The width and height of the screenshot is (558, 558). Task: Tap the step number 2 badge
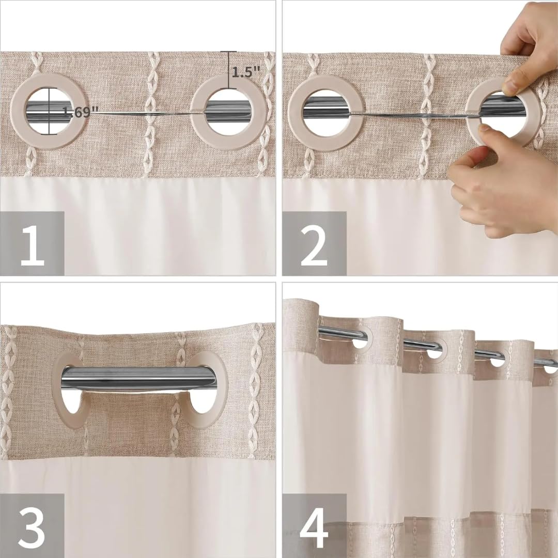[314, 243]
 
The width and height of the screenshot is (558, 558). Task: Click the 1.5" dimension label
[245, 72]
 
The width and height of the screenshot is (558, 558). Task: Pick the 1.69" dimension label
[81, 112]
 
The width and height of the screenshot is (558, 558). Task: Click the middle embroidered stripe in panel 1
[150, 114]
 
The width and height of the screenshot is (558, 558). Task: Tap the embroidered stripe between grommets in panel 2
[428, 114]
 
